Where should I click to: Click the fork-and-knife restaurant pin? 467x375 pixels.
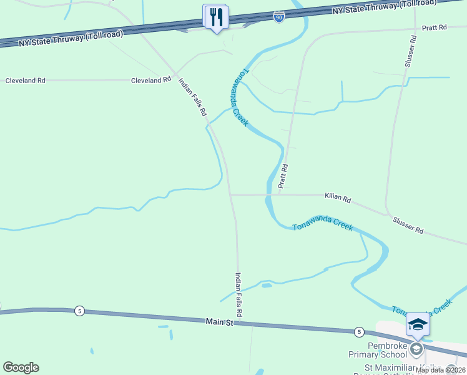(x=216, y=17)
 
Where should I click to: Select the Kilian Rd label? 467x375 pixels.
(x=338, y=198)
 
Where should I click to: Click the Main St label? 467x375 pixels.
(x=219, y=322)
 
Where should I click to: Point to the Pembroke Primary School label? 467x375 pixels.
(x=378, y=350)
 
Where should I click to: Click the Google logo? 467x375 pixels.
(x=21, y=367)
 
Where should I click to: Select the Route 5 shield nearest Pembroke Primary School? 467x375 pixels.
(x=359, y=331)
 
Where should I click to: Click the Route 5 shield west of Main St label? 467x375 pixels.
(x=79, y=311)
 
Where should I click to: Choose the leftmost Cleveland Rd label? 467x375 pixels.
(x=26, y=81)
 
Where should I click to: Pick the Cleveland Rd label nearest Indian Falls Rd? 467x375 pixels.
(x=150, y=80)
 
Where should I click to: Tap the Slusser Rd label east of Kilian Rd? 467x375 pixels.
(x=408, y=225)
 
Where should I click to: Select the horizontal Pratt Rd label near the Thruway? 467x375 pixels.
(x=435, y=27)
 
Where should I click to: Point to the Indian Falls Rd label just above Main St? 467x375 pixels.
(x=238, y=293)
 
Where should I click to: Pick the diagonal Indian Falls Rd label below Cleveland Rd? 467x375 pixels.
(x=193, y=97)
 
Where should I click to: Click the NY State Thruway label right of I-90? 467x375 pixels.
(x=383, y=7)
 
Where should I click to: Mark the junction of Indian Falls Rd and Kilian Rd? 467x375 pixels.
(x=231, y=195)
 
